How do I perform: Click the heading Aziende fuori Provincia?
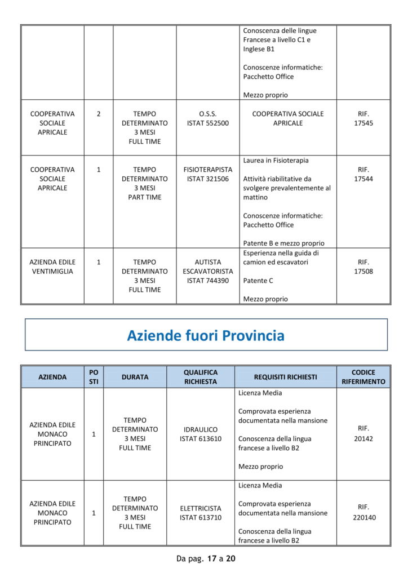pos(206,336)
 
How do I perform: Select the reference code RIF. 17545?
pos(363,118)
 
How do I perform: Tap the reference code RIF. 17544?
pos(363,174)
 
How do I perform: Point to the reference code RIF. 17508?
pos(363,267)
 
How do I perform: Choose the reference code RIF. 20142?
pos(363,434)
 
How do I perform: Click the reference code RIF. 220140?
pos(363,512)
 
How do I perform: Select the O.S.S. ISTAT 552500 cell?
pos(208,118)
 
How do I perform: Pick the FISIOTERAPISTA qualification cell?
pos(208,174)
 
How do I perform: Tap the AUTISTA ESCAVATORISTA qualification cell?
pos(208,271)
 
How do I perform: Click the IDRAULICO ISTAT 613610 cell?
pos(201,434)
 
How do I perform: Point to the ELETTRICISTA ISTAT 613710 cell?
pos(201,512)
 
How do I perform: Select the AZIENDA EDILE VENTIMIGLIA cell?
pos(52,267)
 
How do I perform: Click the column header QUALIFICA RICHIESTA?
pos(201,377)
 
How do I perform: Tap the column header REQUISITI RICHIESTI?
pos(285,377)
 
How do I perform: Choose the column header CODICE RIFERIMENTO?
pos(363,377)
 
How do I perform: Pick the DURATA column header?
pos(135,377)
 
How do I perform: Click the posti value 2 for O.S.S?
pos(99,114)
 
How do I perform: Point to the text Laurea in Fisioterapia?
pos(276,161)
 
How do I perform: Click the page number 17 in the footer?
pos(212,559)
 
